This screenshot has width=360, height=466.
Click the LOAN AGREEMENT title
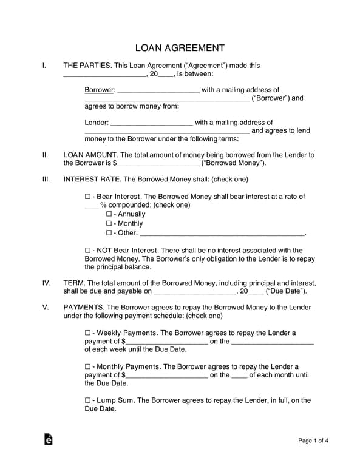click(180, 48)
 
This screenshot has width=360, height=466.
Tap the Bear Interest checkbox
click(88, 197)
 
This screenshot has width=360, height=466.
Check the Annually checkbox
click(109, 214)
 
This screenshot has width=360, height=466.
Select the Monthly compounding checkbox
click(109, 223)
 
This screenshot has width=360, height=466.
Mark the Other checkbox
click(109, 232)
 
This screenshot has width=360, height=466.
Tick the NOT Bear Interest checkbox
click(88, 250)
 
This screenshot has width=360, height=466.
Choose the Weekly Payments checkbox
click(88, 333)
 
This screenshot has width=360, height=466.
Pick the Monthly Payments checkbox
click(88, 366)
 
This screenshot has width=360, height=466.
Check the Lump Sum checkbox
click(88, 400)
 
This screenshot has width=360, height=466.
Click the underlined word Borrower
click(99, 90)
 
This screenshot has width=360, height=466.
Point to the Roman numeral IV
click(46, 283)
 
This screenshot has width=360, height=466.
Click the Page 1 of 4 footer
click(314, 441)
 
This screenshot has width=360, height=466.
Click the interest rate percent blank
click(92, 206)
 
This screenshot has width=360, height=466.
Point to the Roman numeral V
click(46, 308)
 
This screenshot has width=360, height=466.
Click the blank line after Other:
click(222, 234)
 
